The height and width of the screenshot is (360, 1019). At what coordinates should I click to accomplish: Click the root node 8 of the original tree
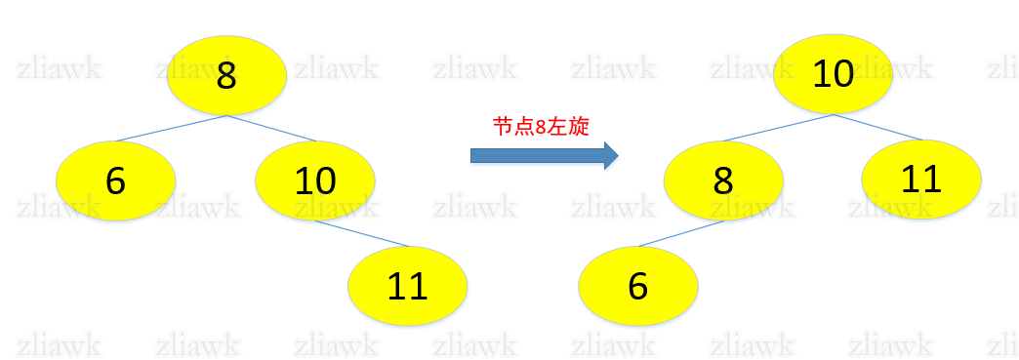point(226,75)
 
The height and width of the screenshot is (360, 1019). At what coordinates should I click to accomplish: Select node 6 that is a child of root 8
point(115,180)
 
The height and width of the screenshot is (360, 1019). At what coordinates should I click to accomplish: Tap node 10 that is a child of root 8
point(315,180)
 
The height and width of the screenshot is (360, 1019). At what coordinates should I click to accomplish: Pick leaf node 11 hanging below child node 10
point(408,286)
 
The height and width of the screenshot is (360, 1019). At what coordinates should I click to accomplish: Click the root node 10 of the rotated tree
point(834,74)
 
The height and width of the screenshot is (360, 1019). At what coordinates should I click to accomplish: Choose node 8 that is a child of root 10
point(723,180)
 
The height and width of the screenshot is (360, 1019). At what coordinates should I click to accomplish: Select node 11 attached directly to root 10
point(921,179)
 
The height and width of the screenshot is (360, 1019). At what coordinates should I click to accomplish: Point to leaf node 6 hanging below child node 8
point(638,286)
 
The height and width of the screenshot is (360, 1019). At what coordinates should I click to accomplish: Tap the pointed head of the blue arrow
point(611,155)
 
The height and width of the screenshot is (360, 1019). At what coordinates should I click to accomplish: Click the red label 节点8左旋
point(541,127)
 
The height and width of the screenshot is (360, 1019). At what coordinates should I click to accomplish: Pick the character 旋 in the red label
point(578,127)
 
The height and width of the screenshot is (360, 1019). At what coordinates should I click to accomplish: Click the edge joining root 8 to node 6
point(172,129)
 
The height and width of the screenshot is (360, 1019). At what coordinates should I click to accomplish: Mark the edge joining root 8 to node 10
point(273,129)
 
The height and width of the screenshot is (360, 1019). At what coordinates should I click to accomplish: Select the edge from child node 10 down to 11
point(364,234)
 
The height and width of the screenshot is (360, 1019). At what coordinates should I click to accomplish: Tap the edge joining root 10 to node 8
point(778,129)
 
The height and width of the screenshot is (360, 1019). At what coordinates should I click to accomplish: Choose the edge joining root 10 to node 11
point(878,128)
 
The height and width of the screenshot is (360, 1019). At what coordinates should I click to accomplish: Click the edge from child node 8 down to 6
point(680,234)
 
